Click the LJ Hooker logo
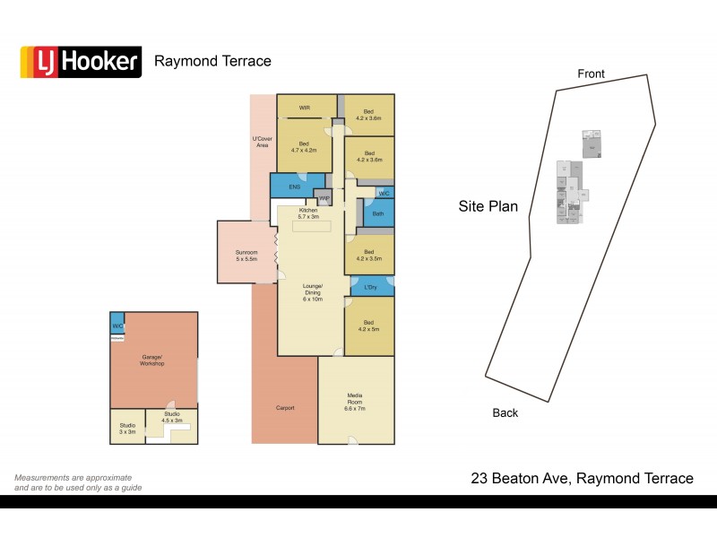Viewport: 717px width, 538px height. coord(81,62)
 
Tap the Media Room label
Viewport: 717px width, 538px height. coord(355,399)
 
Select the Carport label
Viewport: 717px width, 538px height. coord(284,408)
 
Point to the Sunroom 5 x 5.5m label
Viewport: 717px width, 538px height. coord(246,256)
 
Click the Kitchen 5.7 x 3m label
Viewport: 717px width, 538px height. coord(308,213)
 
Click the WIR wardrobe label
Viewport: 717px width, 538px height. coord(305,108)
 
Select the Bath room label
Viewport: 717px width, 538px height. coord(377,213)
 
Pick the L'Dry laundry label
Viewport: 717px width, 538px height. coord(369,287)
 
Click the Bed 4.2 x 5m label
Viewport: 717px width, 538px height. coord(368,325)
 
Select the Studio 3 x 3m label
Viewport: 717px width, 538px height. coord(127,429)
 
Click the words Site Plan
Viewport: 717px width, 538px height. coord(488,206)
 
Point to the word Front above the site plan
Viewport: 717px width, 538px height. coord(591,74)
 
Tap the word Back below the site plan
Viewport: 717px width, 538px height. coord(505,412)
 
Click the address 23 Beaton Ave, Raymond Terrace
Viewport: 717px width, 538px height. coord(582,479)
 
